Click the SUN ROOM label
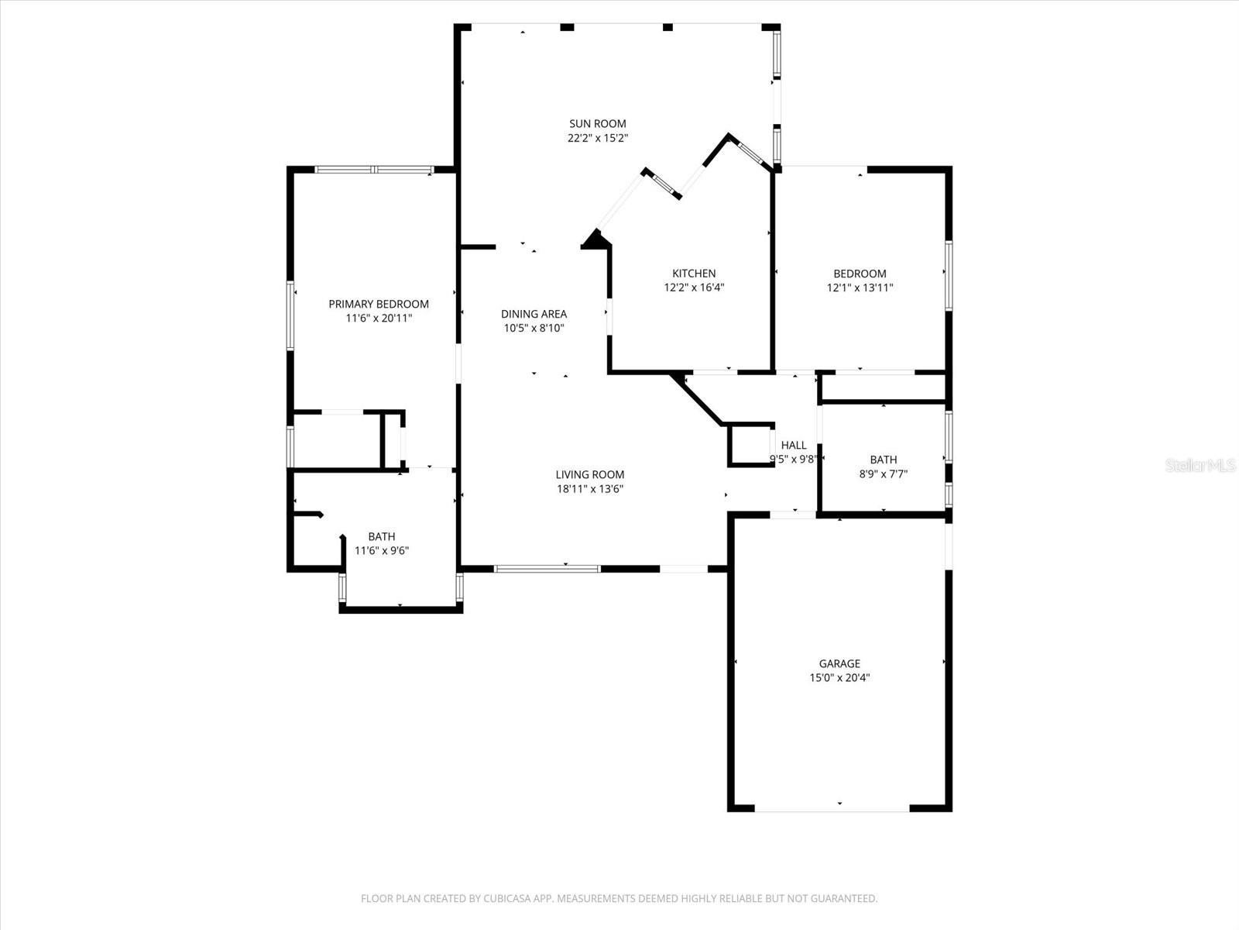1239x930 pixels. (597, 124)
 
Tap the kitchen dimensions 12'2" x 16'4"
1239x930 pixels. (694, 288)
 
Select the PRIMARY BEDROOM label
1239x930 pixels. (379, 305)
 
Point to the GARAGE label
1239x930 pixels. (839, 663)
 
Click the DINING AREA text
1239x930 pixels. (534, 314)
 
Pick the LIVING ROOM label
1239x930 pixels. (589, 474)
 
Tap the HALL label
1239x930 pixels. (794, 445)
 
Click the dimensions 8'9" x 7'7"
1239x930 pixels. (883, 474)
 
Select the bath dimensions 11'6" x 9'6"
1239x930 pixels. (381, 551)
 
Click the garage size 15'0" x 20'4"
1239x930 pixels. (839, 677)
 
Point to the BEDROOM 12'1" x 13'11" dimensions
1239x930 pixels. (860, 288)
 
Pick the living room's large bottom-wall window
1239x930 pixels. (547, 569)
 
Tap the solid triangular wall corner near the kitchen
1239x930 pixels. (595, 240)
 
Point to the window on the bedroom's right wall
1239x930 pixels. (948, 276)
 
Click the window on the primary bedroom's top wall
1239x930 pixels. (373, 170)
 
